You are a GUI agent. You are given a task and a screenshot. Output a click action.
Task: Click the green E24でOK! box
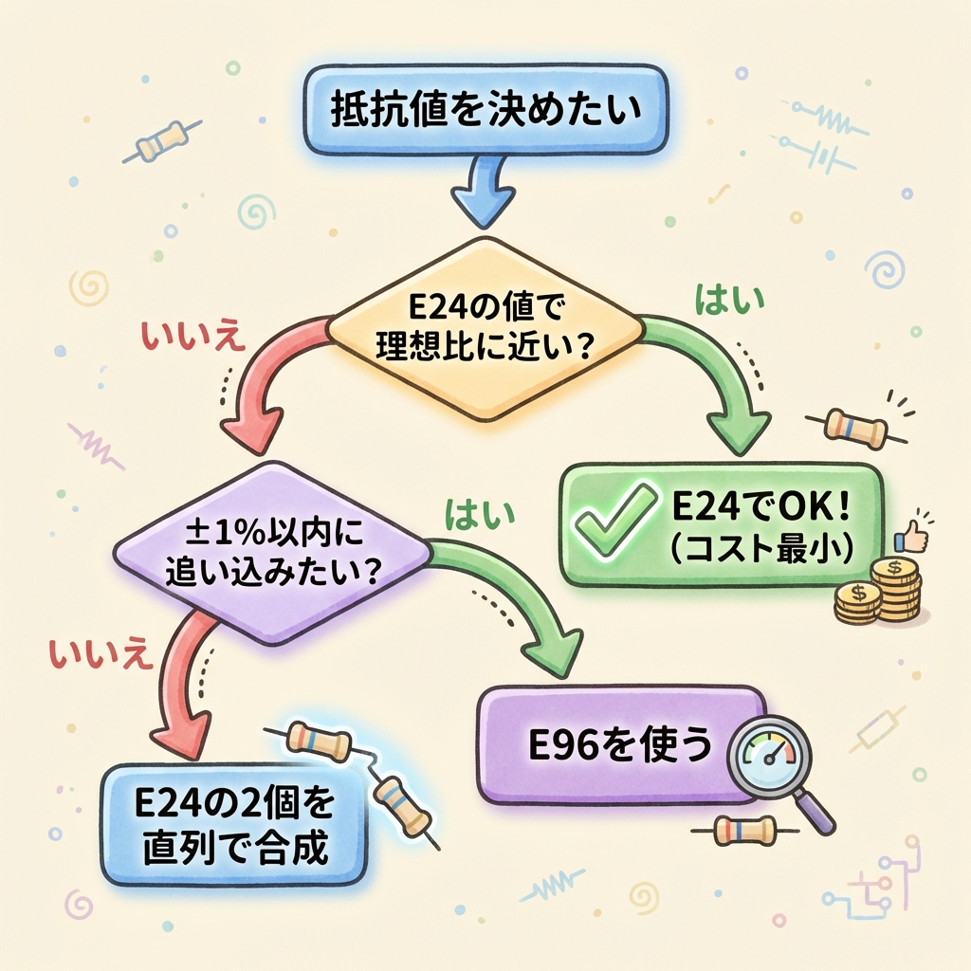pyautogui.click(x=721, y=522)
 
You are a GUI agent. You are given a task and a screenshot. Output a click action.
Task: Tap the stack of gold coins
pyautogui.click(x=878, y=592)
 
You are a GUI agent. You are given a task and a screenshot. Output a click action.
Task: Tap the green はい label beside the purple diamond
pyautogui.click(x=479, y=516)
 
